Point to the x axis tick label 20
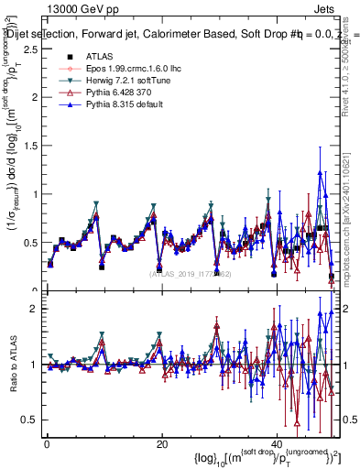coord(161,444)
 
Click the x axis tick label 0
coord(47,444)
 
